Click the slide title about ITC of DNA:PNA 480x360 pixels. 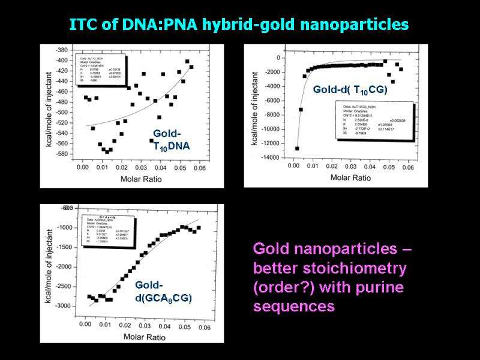239,25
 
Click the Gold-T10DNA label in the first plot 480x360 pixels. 171,140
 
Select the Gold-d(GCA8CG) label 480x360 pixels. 163,292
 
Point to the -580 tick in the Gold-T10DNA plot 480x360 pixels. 61,154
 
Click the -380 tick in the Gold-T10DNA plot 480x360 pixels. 61,50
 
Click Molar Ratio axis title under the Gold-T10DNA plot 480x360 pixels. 143,179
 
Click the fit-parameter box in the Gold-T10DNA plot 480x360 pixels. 101,71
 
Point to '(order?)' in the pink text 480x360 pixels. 283,287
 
